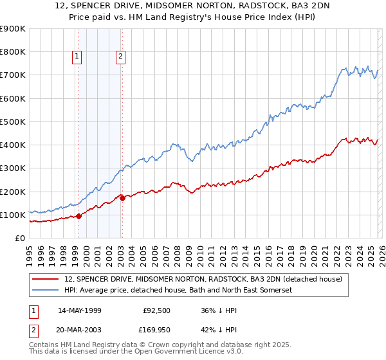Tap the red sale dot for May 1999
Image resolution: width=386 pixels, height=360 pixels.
pyautogui.click(x=78, y=216)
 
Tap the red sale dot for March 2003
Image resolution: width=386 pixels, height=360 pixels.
pyautogui.click(x=122, y=198)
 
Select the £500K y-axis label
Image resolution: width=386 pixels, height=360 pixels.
pyautogui.click(x=13, y=122)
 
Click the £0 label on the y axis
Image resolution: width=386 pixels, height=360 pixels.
pyautogui.click(x=20, y=238)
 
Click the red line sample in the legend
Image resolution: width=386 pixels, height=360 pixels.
pyautogui.click(x=46, y=279)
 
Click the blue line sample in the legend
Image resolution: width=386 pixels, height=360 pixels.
pyautogui.click(x=46, y=291)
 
